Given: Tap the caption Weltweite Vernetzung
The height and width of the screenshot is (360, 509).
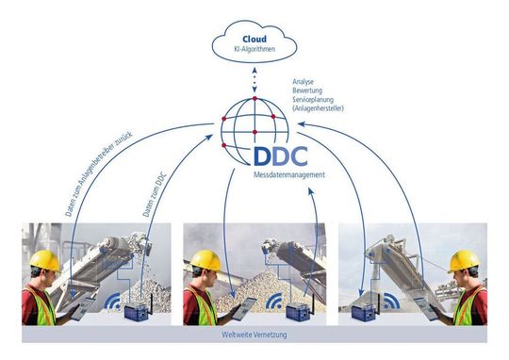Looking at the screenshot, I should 254,335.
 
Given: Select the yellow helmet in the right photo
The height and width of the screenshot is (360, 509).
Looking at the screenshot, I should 464,260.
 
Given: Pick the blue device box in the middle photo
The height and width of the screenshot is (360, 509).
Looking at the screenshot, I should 300,311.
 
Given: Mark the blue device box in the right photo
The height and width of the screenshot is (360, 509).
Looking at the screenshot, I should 364,311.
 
